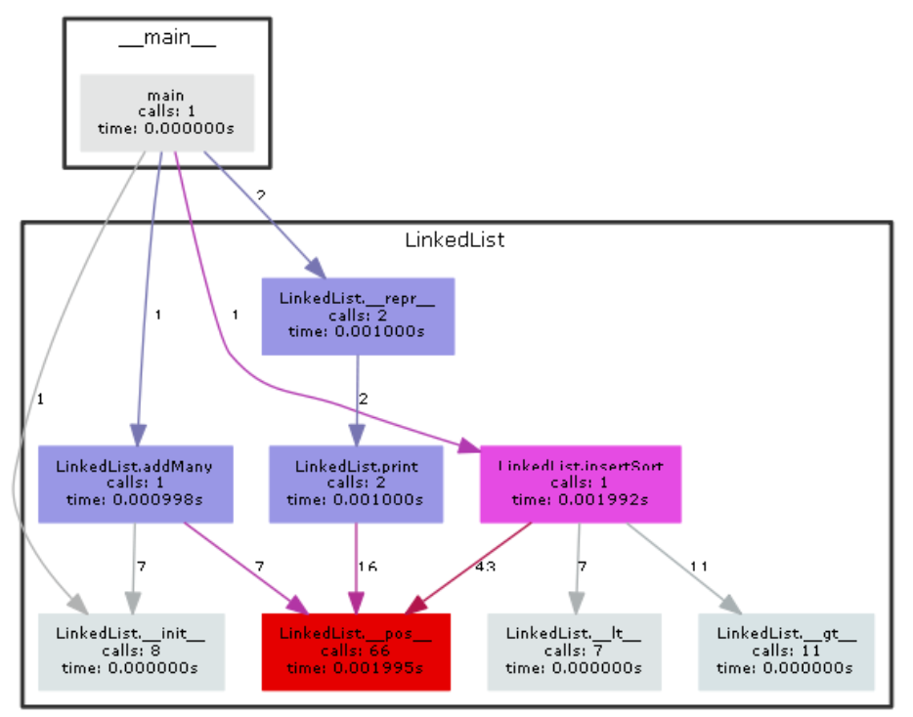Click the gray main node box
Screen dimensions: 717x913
click(166, 111)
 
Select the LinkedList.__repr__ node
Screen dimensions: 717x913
click(357, 316)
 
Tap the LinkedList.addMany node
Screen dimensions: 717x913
click(135, 484)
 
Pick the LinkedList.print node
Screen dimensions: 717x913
click(356, 484)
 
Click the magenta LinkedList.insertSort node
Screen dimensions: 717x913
click(580, 484)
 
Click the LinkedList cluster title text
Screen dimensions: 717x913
click(455, 239)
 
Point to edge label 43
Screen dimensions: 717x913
click(484, 567)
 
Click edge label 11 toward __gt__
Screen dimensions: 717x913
click(697, 567)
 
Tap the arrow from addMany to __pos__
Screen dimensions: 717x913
click(239, 567)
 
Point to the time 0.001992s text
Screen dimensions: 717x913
click(580, 499)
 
